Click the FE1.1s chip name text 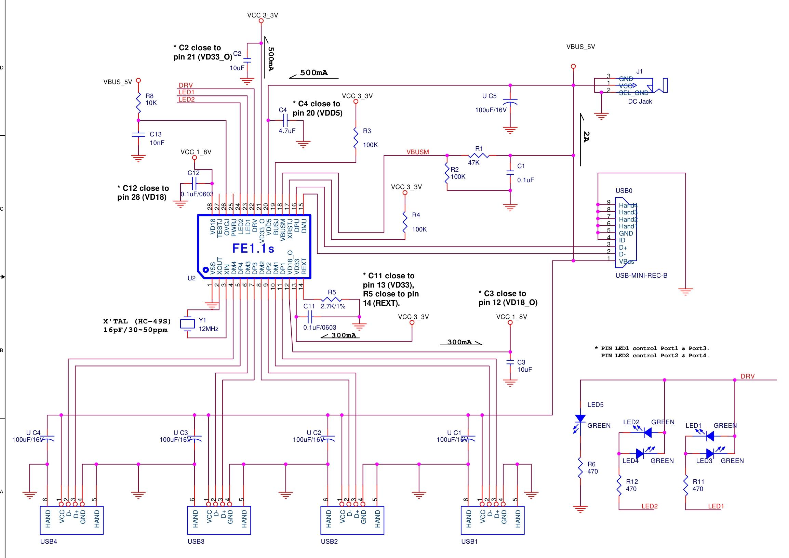253,248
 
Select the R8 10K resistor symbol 138,102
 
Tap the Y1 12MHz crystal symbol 187,324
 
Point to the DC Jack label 640,101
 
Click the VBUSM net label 417,152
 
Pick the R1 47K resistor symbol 479,156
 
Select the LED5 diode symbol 580,418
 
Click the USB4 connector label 49,542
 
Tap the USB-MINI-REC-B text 641,275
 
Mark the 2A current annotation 586,136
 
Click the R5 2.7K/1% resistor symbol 331,299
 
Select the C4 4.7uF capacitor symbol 285,121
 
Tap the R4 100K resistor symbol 405,222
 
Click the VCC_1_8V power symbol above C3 510,322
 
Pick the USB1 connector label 469,542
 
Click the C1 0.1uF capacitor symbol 510,173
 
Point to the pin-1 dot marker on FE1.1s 205,270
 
